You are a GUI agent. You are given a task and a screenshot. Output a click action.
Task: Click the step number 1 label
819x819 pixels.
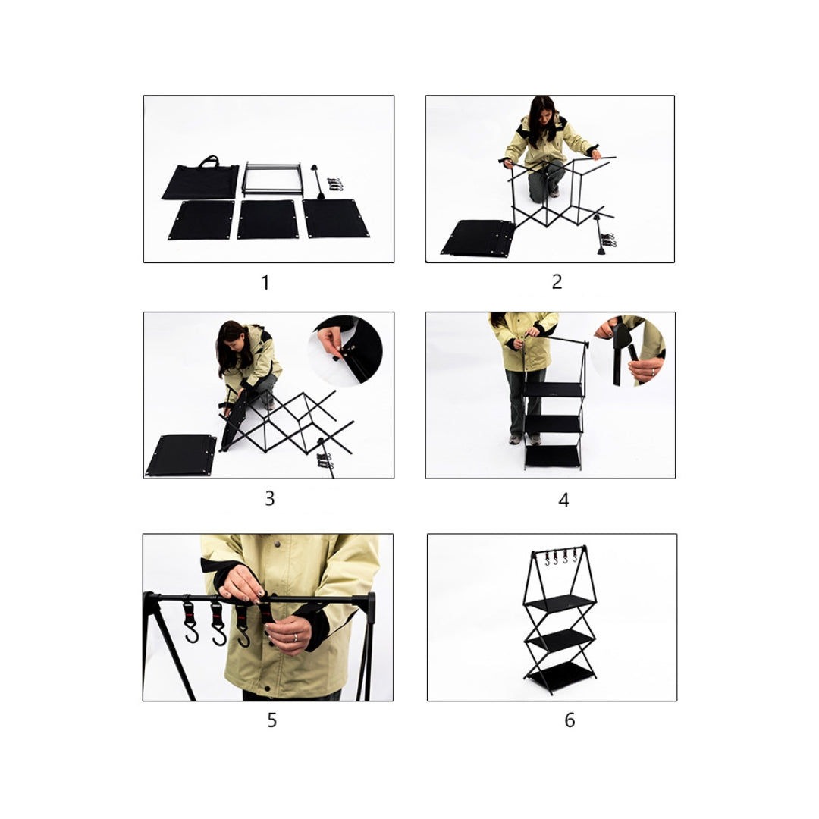(x=265, y=283)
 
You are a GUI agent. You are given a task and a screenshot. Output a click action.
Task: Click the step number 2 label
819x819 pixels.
(x=557, y=282)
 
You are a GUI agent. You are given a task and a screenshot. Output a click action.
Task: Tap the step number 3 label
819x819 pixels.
(x=269, y=499)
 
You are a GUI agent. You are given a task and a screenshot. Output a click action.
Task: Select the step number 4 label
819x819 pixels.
(x=563, y=500)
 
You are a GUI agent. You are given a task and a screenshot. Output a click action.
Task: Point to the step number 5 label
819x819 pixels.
(x=271, y=720)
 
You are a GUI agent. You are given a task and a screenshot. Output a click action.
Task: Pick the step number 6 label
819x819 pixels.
(x=570, y=720)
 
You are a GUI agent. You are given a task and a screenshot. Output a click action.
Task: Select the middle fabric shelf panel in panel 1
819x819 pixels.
(x=268, y=219)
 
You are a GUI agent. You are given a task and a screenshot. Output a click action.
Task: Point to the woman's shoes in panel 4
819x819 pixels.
(x=525, y=439)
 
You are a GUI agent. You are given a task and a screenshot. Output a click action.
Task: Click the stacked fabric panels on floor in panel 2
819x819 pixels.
(x=478, y=237)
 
